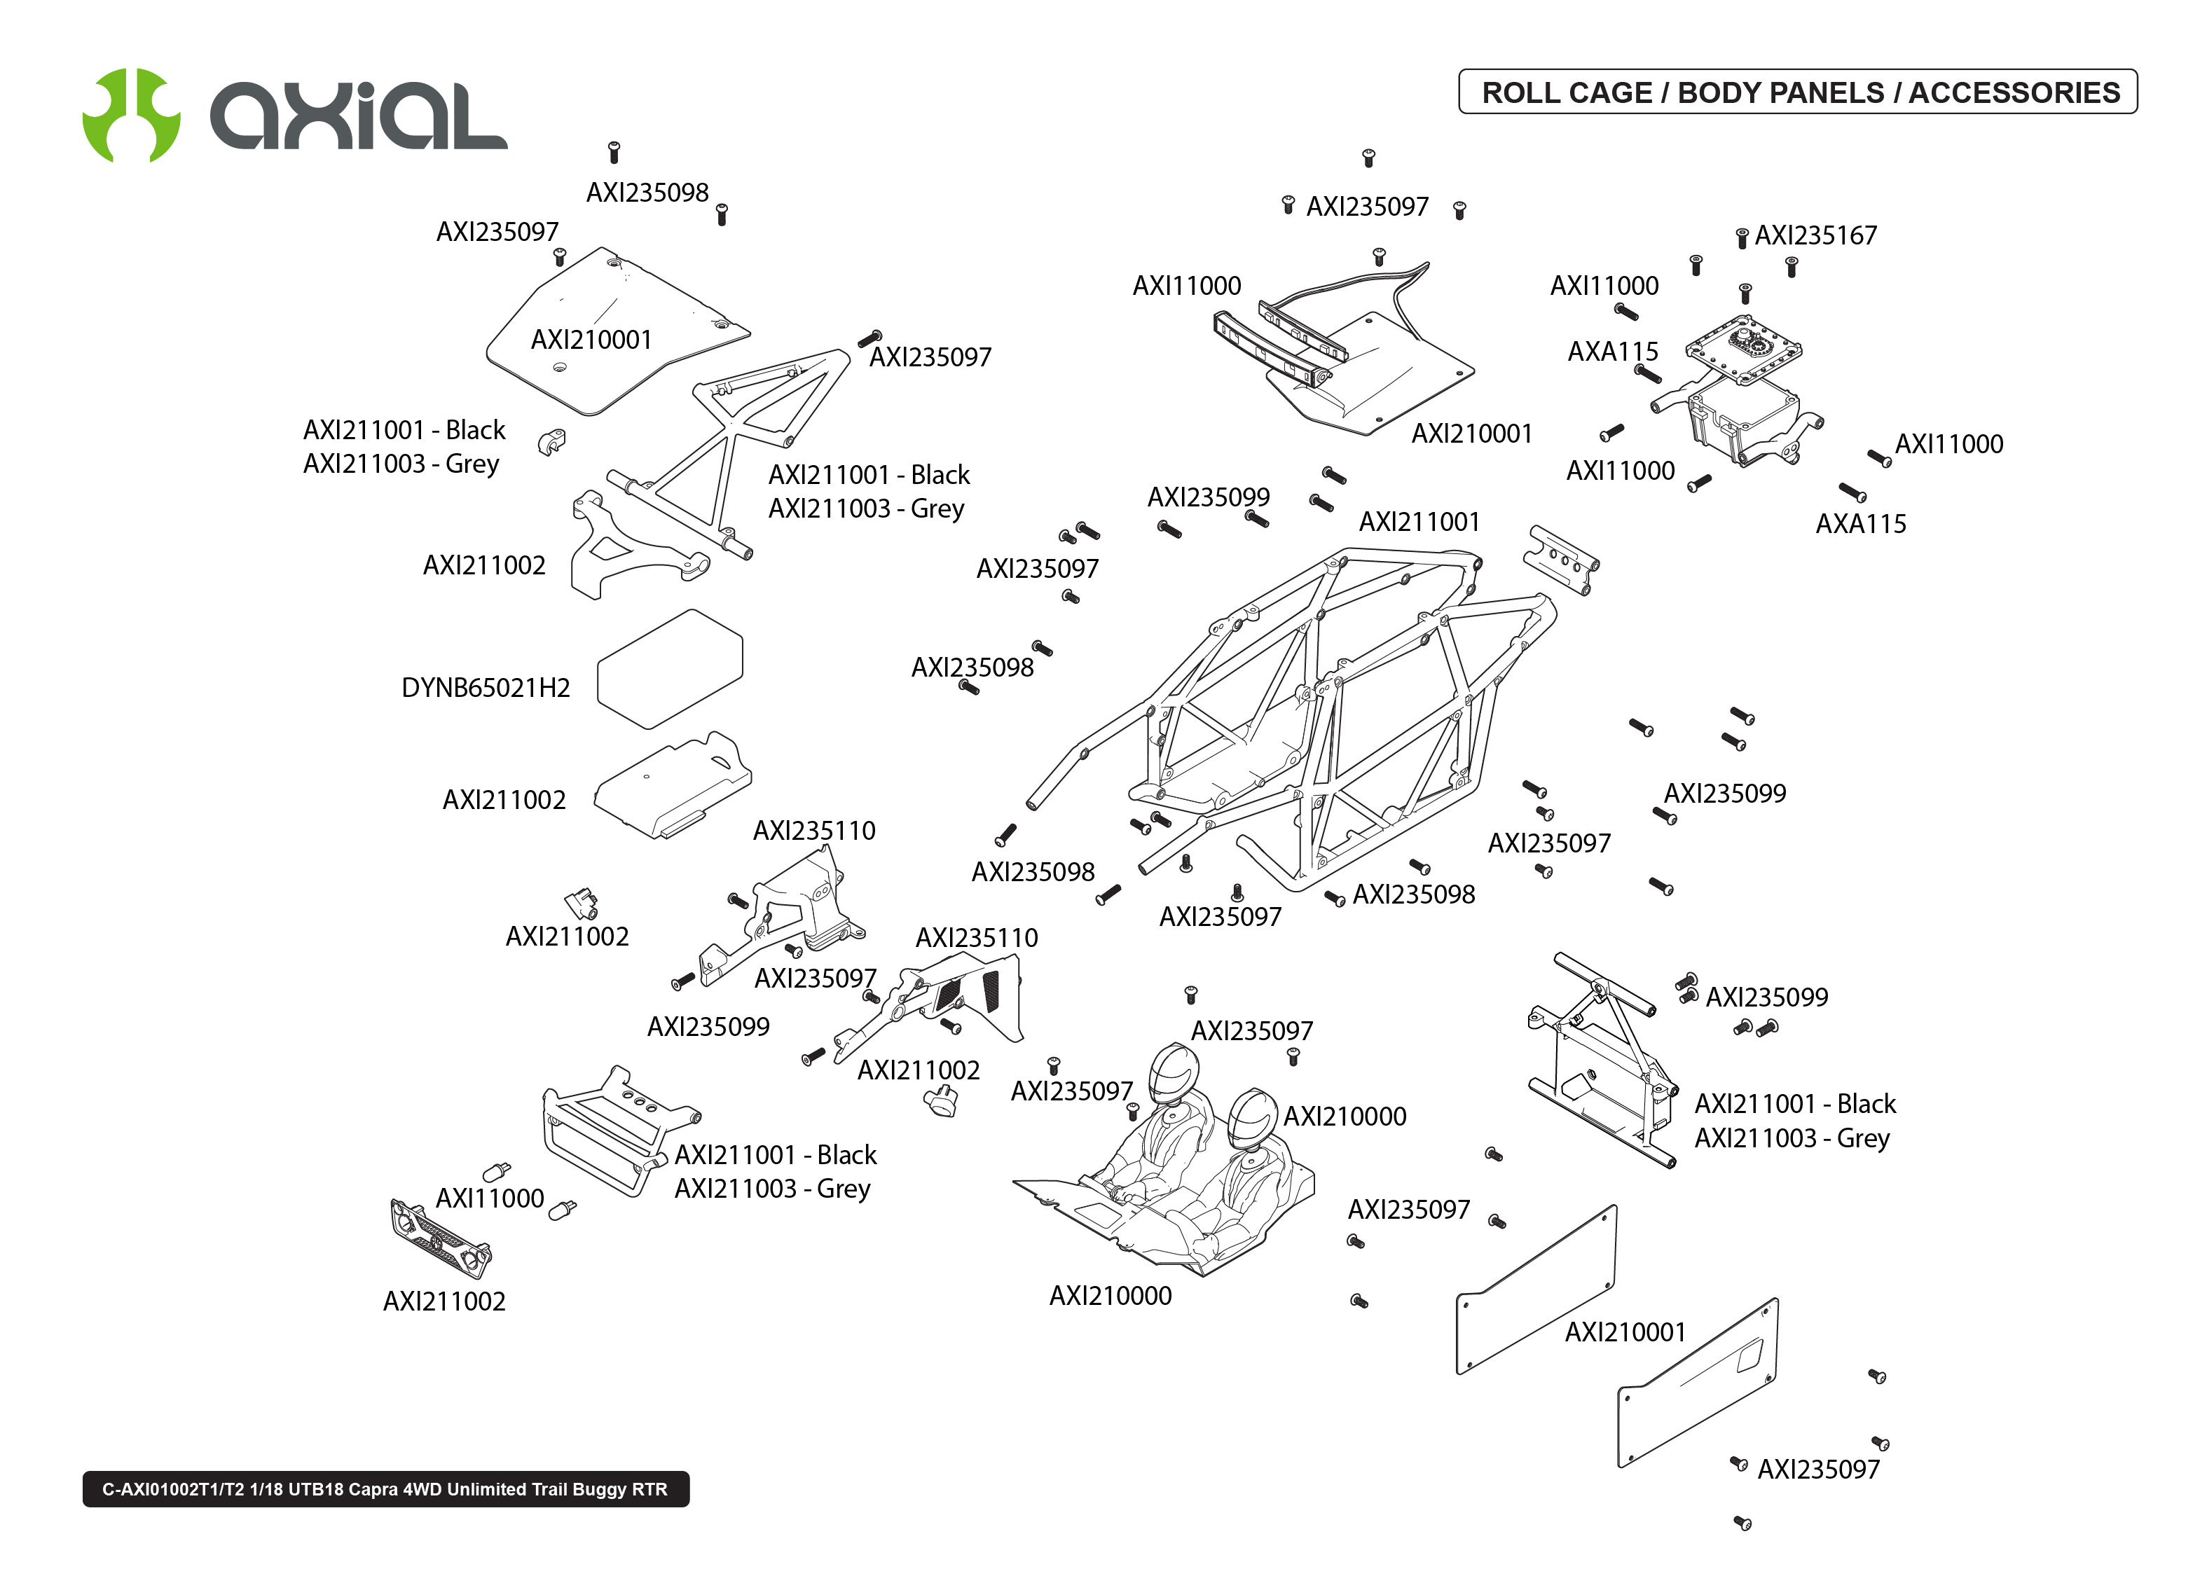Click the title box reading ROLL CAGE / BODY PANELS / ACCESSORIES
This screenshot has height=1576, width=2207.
[1796, 92]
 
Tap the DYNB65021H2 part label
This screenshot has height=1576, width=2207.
[486, 687]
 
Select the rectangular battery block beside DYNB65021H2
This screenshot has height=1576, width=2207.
[670, 669]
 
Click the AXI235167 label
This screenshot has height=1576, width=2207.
[1815, 236]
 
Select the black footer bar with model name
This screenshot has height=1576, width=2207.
[385, 1488]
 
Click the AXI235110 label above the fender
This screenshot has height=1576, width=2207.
[813, 831]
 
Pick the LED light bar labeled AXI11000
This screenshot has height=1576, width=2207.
[1272, 350]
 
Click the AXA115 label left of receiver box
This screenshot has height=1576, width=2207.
[1612, 352]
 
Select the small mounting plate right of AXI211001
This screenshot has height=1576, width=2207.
[1560, 560]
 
